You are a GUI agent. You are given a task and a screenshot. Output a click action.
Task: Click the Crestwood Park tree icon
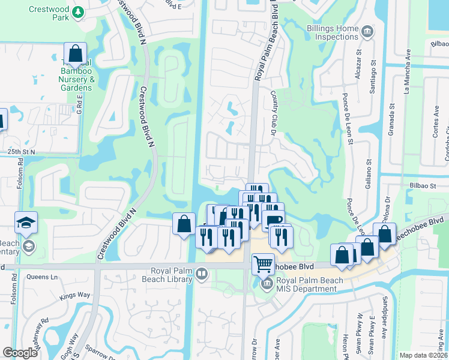click(77, 11)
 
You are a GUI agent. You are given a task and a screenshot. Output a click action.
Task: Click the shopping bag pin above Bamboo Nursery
click(76, 54)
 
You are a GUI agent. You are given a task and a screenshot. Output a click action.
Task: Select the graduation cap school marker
click(26, 223)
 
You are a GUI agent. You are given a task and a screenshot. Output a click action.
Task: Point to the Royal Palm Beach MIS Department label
click(306, 284)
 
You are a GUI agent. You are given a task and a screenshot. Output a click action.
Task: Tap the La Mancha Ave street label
click(406, 76)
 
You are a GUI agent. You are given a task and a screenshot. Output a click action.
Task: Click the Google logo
click(20, 353)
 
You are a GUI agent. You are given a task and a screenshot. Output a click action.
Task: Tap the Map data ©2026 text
click(423, 355)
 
